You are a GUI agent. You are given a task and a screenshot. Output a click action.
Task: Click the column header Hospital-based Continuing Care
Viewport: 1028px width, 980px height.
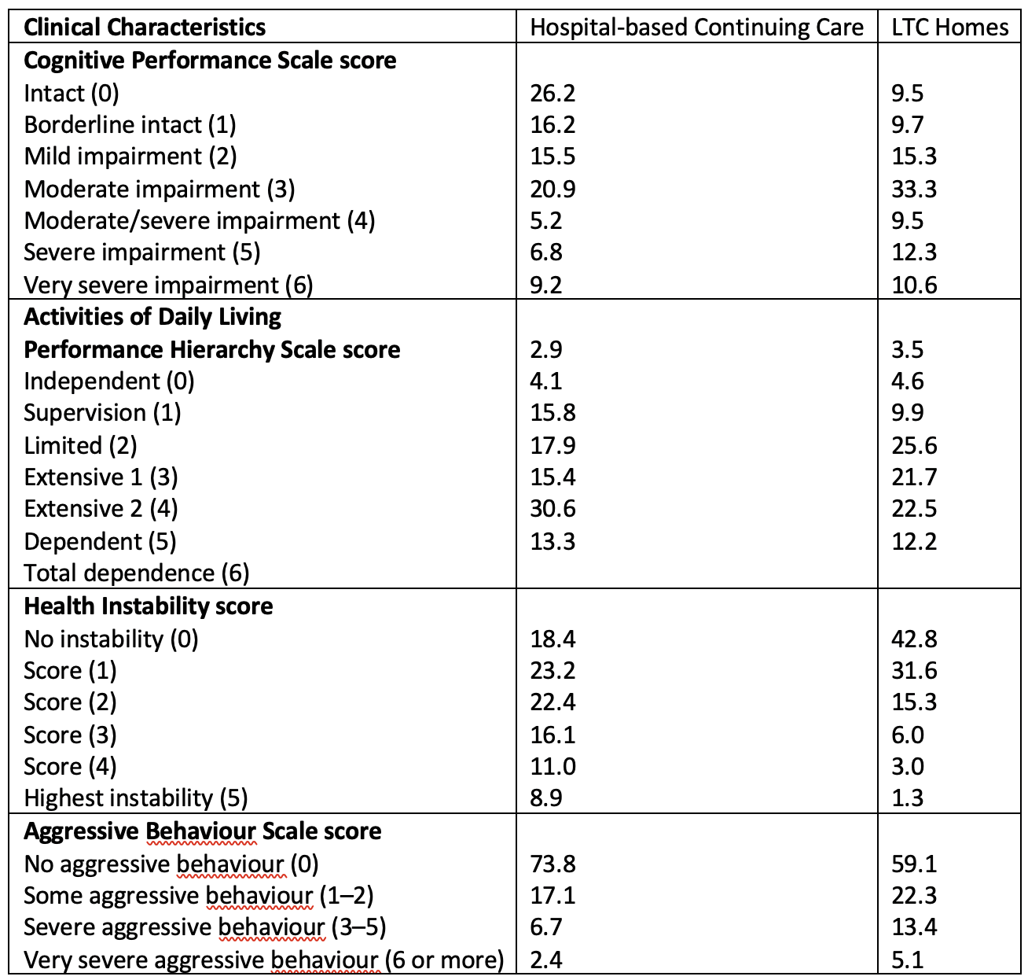click(x=696, y=28)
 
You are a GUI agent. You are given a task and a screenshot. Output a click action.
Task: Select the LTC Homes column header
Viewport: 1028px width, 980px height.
click(x=949, y=28)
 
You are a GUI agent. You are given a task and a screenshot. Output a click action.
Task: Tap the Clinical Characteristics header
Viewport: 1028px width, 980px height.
click(x=145, y=28)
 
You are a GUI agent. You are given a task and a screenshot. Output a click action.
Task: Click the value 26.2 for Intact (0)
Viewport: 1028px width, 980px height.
click(x=553, y=93)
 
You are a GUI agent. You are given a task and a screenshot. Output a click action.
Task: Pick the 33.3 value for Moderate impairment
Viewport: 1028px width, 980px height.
click(x=914, y=189)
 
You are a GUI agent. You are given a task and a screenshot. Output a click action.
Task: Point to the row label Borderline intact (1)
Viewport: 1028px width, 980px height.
click(x=130, y=125)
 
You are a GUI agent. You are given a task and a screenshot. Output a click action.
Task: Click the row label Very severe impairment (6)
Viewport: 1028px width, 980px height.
click(x=168, y=286)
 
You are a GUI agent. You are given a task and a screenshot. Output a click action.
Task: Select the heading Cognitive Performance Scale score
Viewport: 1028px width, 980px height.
click(x=210, y=61)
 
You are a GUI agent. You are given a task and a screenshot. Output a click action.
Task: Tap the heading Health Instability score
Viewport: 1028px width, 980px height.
click(x=149, y=606)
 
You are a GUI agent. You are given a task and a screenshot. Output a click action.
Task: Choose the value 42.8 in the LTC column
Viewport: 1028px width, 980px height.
click(x=914, y=639)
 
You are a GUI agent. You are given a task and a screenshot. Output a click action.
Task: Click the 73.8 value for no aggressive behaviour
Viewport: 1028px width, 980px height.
click(x=553, y=864)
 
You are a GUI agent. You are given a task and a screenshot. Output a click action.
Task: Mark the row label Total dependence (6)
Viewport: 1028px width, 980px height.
click(x=137, y=573)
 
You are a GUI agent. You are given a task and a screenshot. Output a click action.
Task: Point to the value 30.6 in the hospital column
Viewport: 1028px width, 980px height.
click(x=553, y=509)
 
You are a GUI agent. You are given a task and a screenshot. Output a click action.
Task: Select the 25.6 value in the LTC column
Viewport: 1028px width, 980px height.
click(x=914, y=445)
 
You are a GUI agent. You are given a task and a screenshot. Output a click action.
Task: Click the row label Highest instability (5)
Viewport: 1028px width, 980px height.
click(x=136, y=798)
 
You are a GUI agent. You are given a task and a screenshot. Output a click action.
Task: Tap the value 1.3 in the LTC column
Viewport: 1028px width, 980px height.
click(x=907, y=798)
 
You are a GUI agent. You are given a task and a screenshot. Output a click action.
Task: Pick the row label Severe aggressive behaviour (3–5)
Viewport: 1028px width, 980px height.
click(x=205, y=927)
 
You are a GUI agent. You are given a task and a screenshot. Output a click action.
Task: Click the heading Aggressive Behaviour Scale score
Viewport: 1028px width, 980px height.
click(x=203, y=831)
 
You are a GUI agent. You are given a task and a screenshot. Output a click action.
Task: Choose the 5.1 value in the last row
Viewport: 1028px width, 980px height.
click(x=907, y=960)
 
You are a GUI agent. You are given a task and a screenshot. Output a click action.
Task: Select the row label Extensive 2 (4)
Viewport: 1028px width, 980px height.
click(x=101, y=509)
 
